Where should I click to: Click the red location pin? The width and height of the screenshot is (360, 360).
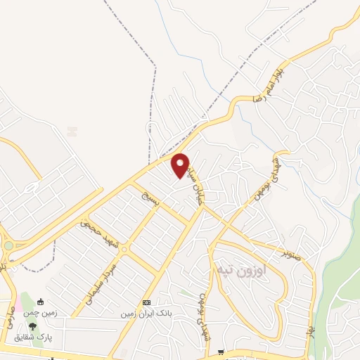point(181,165)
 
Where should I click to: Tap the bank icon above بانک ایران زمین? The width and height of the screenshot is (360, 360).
point(146,302)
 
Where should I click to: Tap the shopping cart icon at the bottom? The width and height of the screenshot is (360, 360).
point(221,352)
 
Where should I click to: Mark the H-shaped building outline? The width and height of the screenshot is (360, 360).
point(72,130)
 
